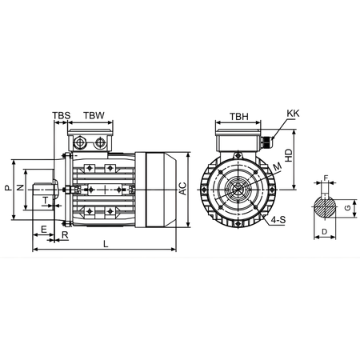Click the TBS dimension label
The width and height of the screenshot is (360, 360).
62,116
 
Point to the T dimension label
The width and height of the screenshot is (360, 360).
45,200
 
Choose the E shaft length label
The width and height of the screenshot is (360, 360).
42,229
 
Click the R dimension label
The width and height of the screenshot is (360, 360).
65,238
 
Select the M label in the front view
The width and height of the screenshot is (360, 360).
278,166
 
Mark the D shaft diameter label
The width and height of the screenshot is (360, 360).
324,231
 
